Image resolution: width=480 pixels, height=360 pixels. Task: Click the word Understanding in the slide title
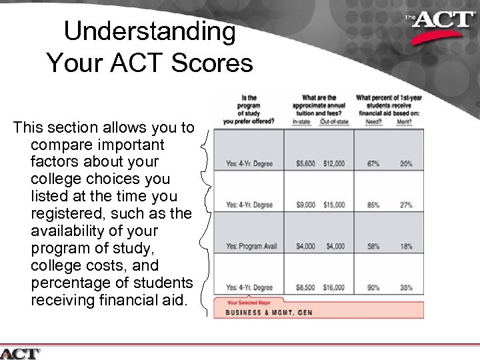(149, 32)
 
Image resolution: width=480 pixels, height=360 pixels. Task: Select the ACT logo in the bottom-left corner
(21, 353)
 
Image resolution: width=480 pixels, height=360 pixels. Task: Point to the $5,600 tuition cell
(305, 164)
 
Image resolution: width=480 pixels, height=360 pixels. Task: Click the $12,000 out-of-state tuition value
(334, 164)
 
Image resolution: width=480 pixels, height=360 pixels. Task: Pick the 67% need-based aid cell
(373, 164)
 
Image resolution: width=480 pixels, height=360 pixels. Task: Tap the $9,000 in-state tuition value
(305, 205)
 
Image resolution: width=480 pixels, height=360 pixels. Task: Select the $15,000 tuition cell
(334, 205)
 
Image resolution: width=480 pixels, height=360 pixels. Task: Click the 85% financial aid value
(373, 205)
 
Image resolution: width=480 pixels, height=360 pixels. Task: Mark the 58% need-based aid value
(373, 247)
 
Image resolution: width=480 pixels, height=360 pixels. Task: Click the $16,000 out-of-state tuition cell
(334, 288)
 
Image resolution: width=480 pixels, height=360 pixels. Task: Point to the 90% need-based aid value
(373, 288)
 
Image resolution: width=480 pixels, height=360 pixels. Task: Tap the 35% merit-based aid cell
(405, 288)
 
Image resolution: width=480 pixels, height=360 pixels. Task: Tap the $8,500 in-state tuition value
(305, 288)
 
